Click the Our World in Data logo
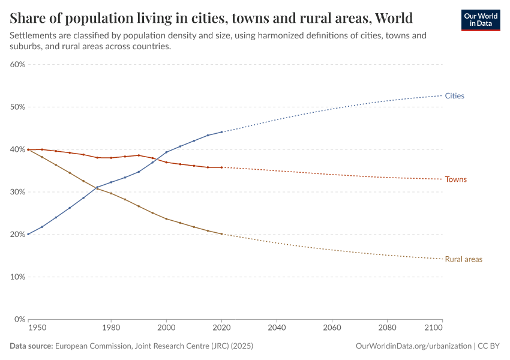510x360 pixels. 480,20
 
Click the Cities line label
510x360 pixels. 454,96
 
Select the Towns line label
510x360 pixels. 455,179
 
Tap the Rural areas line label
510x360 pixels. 463,259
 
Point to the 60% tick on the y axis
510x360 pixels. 17,65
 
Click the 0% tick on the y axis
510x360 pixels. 19,320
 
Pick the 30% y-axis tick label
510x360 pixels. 17,192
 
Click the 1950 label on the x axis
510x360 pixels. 37,328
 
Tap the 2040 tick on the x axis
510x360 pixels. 277,328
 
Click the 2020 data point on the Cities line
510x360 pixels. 221,132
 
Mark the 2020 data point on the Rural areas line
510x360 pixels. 221,234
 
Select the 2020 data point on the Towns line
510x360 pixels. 221,167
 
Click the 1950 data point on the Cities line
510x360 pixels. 28,234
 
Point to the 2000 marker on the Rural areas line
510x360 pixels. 166,218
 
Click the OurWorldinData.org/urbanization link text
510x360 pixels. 413,346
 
